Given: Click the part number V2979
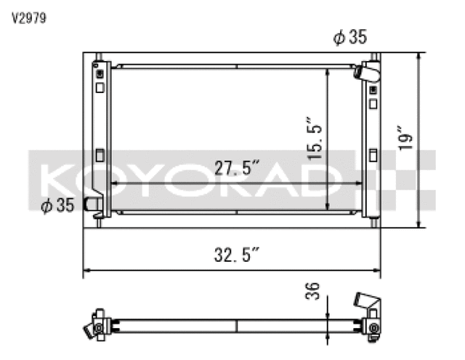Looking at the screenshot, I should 28,19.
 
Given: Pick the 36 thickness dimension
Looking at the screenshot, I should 313,292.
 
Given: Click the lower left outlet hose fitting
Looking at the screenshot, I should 94,205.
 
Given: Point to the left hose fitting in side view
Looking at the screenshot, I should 94,327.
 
